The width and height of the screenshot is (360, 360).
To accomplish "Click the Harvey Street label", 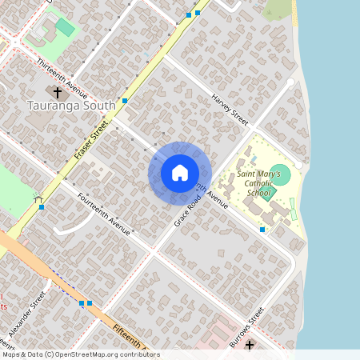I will pyautogui.click(x=230, y=108).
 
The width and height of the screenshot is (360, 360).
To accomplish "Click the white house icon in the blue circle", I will pyautogui.click(x=180, y=173).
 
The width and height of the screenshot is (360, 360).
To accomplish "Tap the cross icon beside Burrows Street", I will pyautogui.click(x=250, y=345).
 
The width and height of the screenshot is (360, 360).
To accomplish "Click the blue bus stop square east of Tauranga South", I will pyautogui.click(x=126, y=101).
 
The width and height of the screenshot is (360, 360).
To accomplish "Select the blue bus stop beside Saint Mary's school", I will pyautogui.click(x=262, y=230).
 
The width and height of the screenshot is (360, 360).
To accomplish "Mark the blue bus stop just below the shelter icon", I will pyautogui.click(x=42, y=207).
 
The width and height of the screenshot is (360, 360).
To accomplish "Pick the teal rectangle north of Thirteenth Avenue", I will pyautogui.click(x=65, y=27).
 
